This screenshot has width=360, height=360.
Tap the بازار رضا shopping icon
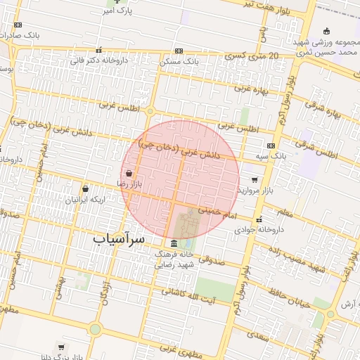point(129,173)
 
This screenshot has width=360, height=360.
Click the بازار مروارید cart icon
point(254,180)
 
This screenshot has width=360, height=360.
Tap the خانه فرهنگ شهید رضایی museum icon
point(174,243)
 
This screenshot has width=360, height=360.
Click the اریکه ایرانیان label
point(85,200)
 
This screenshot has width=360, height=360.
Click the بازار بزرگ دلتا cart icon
point(62,347)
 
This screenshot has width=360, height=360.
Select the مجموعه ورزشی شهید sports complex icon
point(326,30)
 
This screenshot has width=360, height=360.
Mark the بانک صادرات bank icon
point(18,25)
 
